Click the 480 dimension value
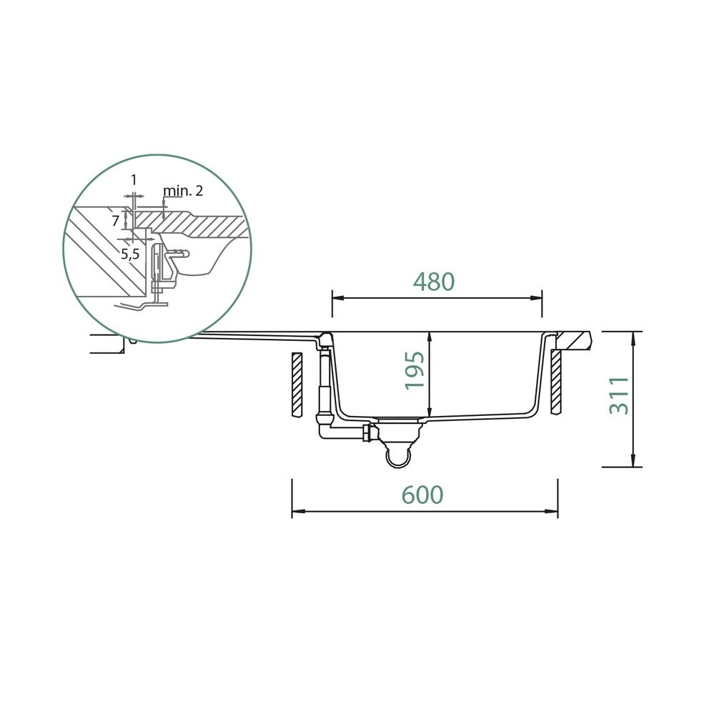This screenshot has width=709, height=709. [434, 282]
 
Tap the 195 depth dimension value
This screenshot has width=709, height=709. [415, 371]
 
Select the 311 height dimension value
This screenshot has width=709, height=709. [619, 396]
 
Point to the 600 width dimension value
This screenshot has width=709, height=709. [422, 495]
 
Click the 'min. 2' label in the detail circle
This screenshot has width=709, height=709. [183, 191]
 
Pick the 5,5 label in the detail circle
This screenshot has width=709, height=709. [130, 254]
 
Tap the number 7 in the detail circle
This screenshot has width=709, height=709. [116, 221]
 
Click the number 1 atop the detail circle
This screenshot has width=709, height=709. [134, 180]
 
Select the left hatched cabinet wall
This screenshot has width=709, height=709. [297, 385]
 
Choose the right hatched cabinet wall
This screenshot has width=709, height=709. [556, 382]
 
